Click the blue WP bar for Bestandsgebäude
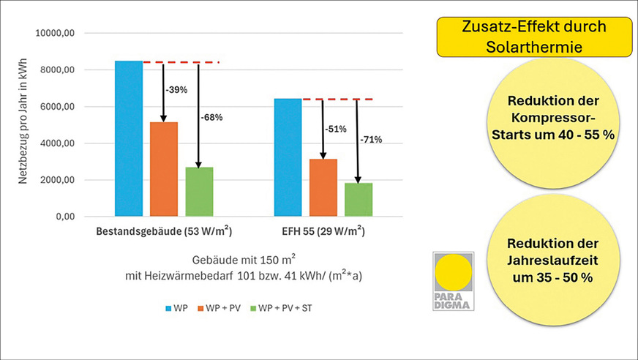coord(128,139)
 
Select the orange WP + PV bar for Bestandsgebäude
coord(164,169)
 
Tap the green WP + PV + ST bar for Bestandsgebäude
coord(199,192)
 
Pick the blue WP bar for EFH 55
coord(288,157)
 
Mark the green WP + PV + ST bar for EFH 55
coord(358,200)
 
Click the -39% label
coord(178,90)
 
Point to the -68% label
coord(212,117)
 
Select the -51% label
coord(337,129)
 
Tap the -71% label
coord(371,140)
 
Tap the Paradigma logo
coord(452,281)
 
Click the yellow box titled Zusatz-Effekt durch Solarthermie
coord(533,37)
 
